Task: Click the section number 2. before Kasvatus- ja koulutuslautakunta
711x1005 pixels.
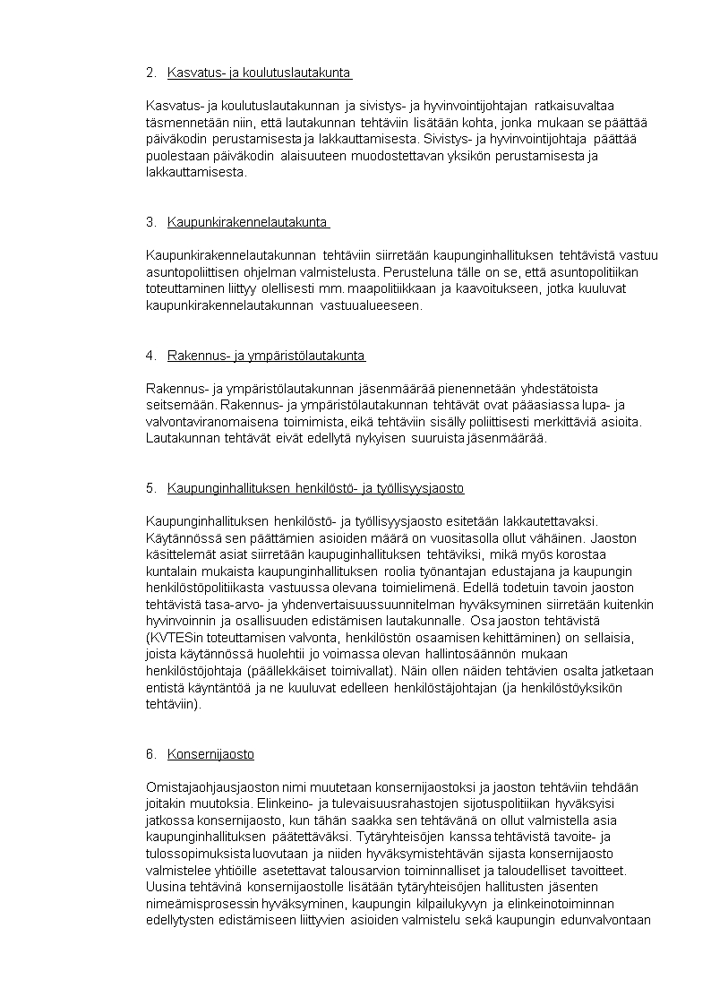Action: coord(150,73)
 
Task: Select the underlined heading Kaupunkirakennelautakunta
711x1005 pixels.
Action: coord(247,222)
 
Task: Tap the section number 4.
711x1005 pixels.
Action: coord(150,356)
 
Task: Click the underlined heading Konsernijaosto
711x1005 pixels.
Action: coord(210,754)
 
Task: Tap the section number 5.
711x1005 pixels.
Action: coord(150,488)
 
